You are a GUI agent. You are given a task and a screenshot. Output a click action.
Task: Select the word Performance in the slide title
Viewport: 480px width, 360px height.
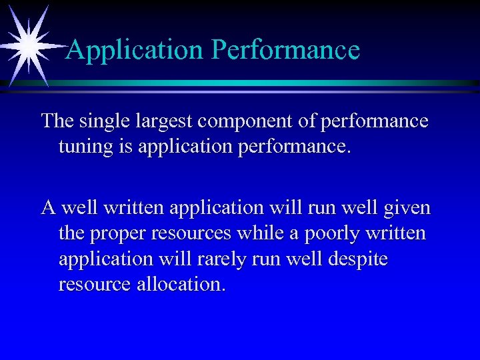pyautogui.click(x=287, y=50)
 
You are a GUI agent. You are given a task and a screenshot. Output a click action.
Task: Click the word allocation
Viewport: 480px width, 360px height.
pyautogui.click(x=181, y=285)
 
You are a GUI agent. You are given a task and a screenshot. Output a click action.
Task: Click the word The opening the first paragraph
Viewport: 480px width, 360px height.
pyautogui.click(x=55, y=121)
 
